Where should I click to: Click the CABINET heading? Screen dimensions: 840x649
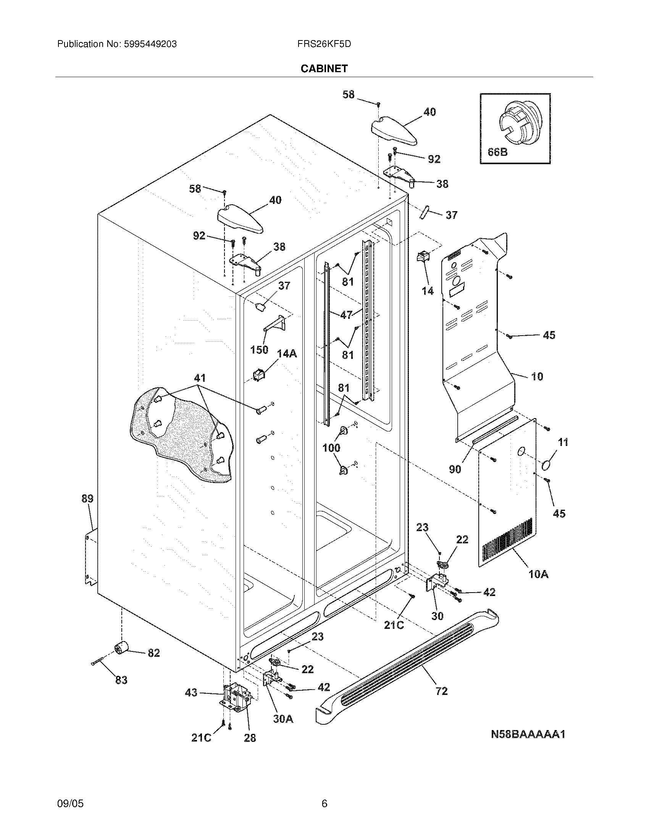click(324, 68)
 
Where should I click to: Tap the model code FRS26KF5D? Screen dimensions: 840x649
click(324, 44)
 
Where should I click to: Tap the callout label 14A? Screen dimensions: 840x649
click(287, 354)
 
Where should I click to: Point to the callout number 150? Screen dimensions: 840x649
click(259, 350)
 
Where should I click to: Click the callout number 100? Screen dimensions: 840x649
click(331, 447)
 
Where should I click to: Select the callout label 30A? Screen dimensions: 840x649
click(283, 719)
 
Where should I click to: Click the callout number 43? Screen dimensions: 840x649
click(191, 693)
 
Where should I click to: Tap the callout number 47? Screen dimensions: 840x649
click(346, 315)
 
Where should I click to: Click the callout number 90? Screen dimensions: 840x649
click(455, 469)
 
